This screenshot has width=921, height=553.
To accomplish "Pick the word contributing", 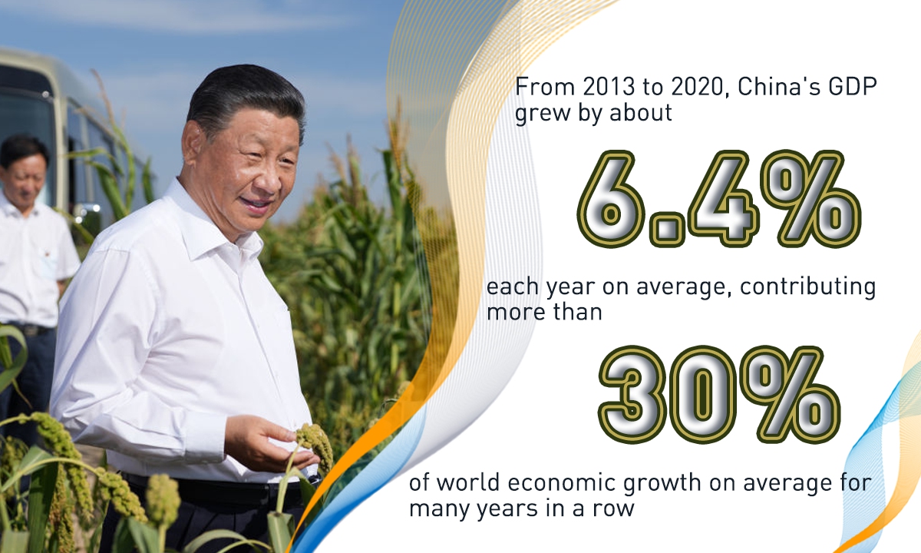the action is [807, 287].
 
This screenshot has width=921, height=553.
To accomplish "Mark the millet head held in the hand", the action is [315, 445].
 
